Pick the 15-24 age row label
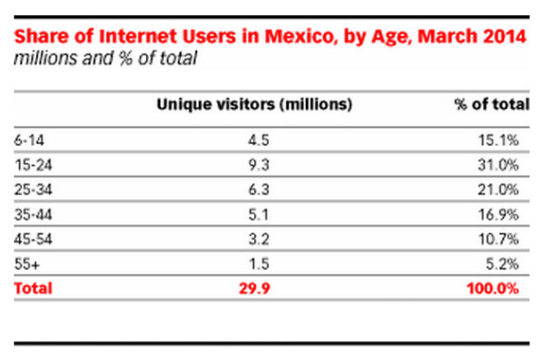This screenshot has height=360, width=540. pos(31,163)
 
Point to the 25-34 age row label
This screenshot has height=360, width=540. pos(31,188)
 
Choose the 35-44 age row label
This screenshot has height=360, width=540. pos(31,212)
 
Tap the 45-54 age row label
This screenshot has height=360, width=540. pos(31,237)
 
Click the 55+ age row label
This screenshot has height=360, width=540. pos(26,261)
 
